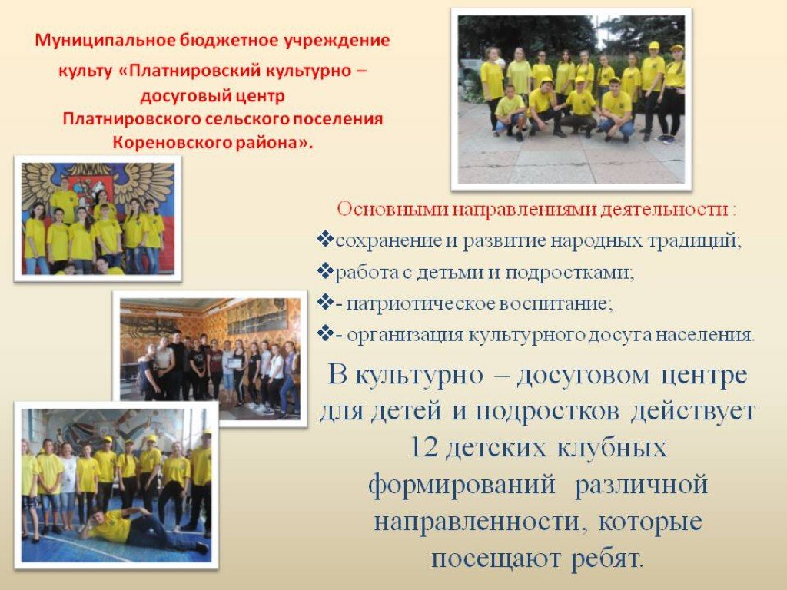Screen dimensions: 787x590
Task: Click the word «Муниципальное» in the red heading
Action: pyautogui.click(x=106, y=40)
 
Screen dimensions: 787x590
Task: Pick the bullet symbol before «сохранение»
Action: pyautogui.click(x=325, y=240)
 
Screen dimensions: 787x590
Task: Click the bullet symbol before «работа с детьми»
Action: pyautogui.click(x=325, y=271)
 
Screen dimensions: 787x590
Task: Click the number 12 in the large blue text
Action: pyautogui.click(x=423, y=447)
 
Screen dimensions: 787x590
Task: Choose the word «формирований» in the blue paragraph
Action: pyautogui.click(x=462, y=485)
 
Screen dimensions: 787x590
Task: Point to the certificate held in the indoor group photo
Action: pyautogui.click(x=234, y=363)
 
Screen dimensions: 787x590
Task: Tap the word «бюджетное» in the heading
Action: pyautogui.click(x=229, y=40)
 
